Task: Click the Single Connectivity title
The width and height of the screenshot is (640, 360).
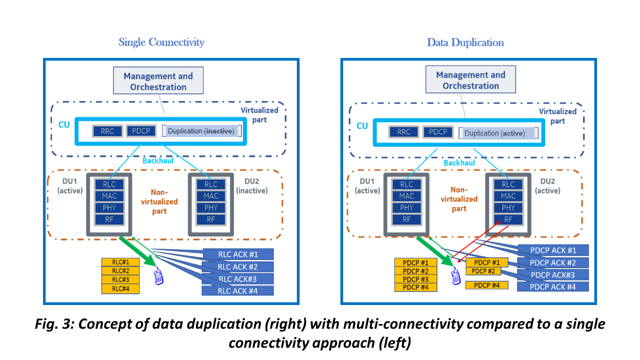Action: pyautogui.click(x=161, y=42)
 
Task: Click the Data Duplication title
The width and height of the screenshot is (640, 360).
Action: pyautogui.click(x=465, y=42)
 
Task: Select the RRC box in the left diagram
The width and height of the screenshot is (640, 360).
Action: pyautogui.click(x=107, y=131)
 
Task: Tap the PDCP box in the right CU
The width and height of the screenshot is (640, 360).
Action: pyautogui.click(x=438, y=132)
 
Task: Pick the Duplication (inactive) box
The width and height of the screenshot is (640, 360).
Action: pyautogui.click(x=201, y=131)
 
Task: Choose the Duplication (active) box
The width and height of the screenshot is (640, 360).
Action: pyautogui.click(x=498, y=133)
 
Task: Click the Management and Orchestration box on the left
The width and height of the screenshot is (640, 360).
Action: pyautogui.click(x=158, y=81)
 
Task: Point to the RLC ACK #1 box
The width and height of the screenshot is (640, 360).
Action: pyautogui.click(x=238, y=254)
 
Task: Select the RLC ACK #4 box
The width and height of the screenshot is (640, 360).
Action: pyautogui.click(x=237, y=290)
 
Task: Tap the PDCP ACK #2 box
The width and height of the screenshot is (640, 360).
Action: pyautogui.click(x=552, y=262)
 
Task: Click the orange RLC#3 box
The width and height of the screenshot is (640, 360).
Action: pyautogui.click(x=120, y=280)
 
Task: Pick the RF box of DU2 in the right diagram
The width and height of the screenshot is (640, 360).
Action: pyautogui.click(x=508, y=219)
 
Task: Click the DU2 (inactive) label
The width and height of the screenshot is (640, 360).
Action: pyautogui.click(x=251, y=186)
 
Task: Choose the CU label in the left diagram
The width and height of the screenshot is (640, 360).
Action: pyautogui.click(x=63, y=123)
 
